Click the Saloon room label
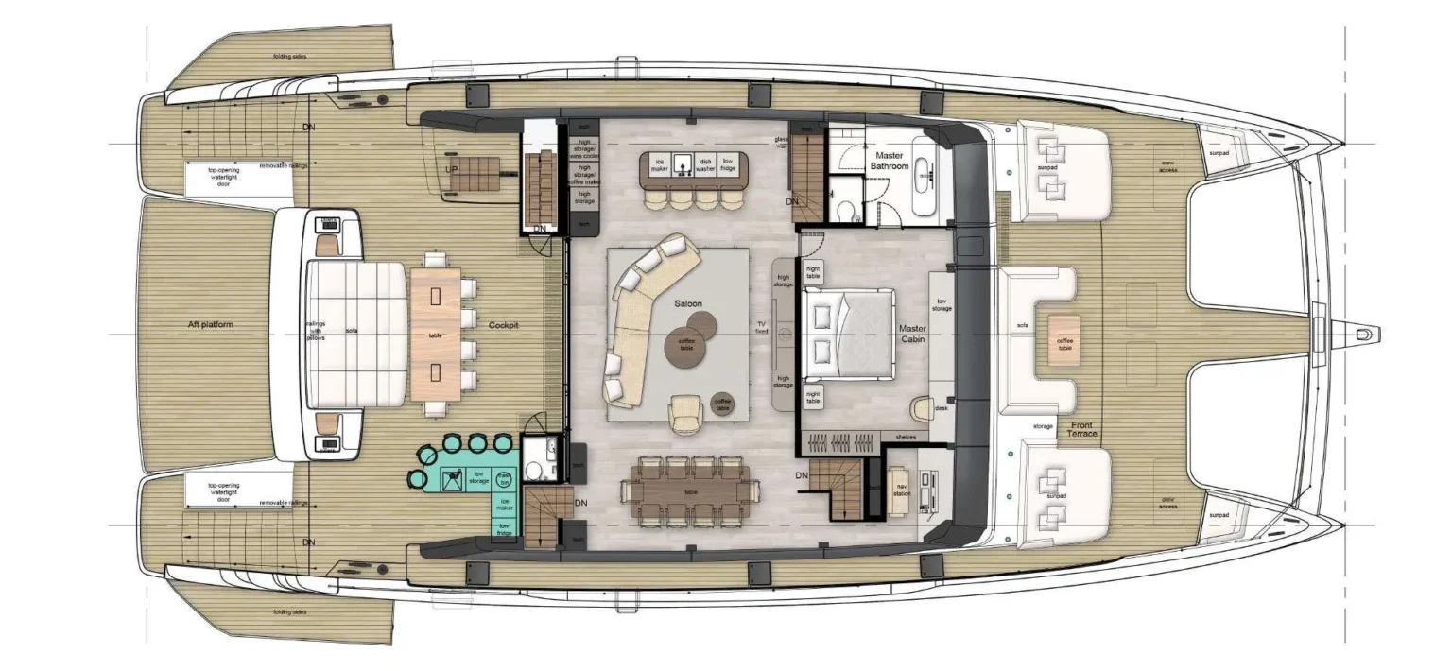pos(687,304)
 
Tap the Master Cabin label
pos(911,335)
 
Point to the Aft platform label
pos(210,325)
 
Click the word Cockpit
pos(504,326)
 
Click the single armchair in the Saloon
pos(685,412)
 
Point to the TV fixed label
pos(761,327)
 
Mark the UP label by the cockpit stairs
pos(452,169)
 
